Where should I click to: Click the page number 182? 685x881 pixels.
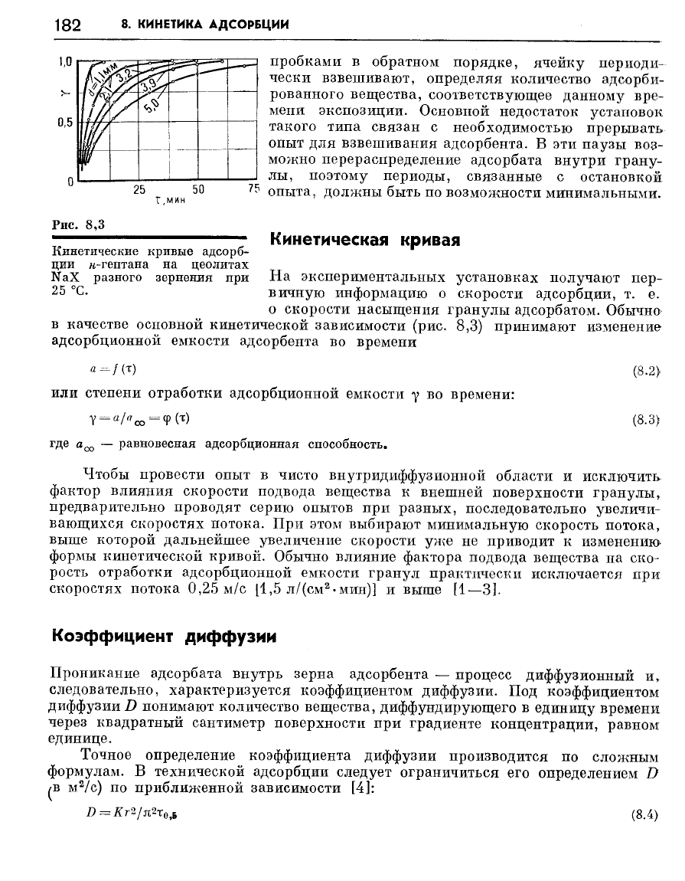click(67, 25)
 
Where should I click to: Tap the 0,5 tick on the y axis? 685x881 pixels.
click(64, 122)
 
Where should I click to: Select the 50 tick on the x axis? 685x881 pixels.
click(197, 189)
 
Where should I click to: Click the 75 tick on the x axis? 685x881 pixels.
click(254, 189)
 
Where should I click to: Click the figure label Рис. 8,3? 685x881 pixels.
click(77, 224)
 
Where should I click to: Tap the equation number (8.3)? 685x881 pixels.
click(645, 420)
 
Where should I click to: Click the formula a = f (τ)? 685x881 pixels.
click(113, 369)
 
